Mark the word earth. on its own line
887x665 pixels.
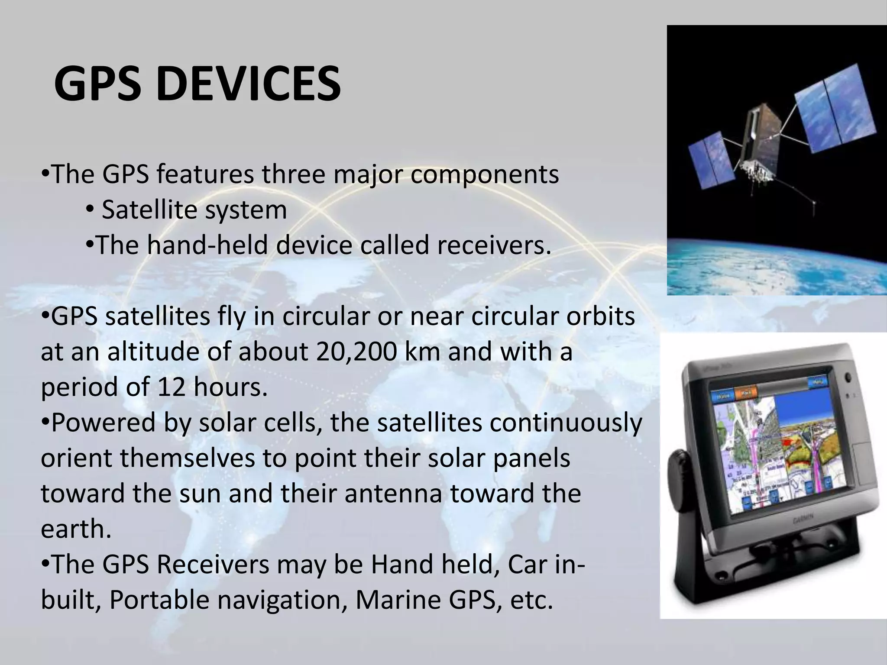point(76,529)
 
